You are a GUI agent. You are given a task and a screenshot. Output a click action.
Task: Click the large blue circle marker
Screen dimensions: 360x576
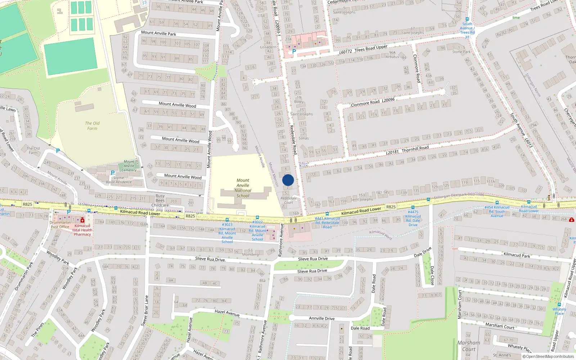(x=288, y=180)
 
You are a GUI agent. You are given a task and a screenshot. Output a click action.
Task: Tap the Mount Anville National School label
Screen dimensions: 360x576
(x=243, y=188)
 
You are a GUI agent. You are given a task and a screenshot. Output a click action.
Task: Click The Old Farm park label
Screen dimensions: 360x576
(x=92, y=126)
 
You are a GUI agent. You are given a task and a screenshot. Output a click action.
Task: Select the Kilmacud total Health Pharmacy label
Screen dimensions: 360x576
(x=82, y=230)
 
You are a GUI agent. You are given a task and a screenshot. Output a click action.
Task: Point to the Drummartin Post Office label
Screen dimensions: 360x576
(x=60, y=225)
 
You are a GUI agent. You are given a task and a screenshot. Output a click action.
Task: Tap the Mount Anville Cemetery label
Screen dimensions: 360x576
(x=129, y=166)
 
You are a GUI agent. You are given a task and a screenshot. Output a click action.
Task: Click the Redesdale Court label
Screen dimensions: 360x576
(x=289, y=200)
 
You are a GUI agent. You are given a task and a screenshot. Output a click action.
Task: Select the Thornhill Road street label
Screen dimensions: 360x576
(x=415, y=149)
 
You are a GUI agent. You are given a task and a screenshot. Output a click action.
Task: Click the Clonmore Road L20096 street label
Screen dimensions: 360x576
(x=373, y=102)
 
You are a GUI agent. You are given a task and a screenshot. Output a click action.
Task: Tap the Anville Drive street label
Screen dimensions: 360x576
(x=321, y=318)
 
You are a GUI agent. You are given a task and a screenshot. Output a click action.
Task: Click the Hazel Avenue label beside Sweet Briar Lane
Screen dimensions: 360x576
(x=227, y=313)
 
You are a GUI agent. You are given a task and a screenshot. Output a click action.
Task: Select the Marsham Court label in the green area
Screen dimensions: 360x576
(x=469, y=346)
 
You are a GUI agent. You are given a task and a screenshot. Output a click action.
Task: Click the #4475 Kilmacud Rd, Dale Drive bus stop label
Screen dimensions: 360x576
(x=413, y=218)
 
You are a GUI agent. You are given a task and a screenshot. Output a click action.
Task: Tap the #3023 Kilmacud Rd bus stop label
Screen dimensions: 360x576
(x=227, y=233)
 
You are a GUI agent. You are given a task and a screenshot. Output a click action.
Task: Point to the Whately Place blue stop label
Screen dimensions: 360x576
(x=559, y=311)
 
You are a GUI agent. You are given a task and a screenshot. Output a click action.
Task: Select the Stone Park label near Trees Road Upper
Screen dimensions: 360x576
(x=461, y=51)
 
